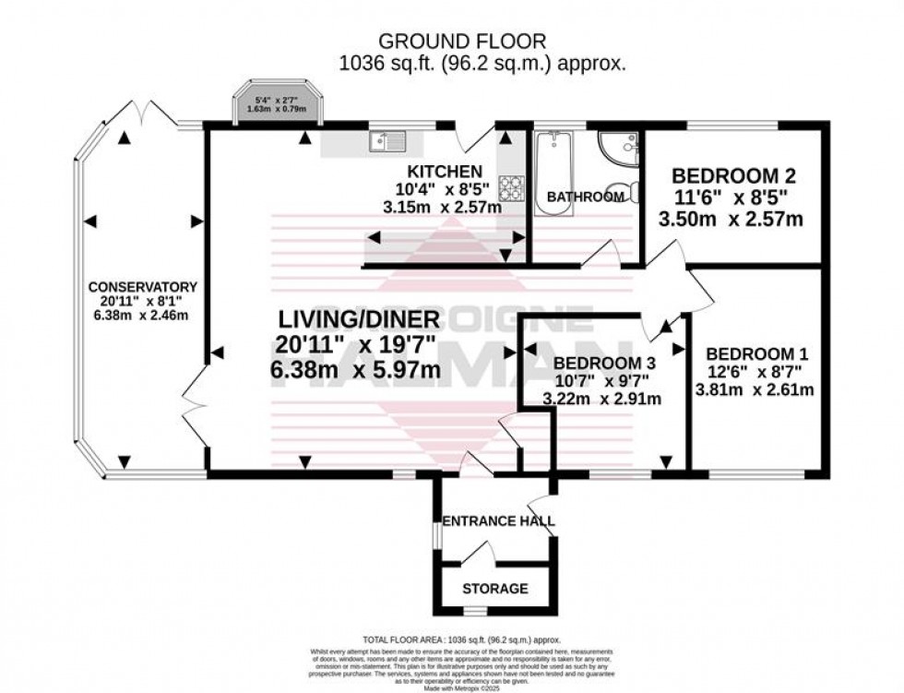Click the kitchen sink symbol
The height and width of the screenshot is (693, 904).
tap(387, 141)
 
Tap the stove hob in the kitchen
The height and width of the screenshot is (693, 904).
tap(511, 188)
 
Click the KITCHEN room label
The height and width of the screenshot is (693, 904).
tap(446, 172)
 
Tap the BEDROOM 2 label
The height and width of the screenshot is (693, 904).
tap(733, 176)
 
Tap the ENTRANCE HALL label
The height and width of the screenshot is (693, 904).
tap(498, 521)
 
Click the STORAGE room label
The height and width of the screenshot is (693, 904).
tap(496, 588)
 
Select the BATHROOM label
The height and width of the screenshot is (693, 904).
tap(586, 197)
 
